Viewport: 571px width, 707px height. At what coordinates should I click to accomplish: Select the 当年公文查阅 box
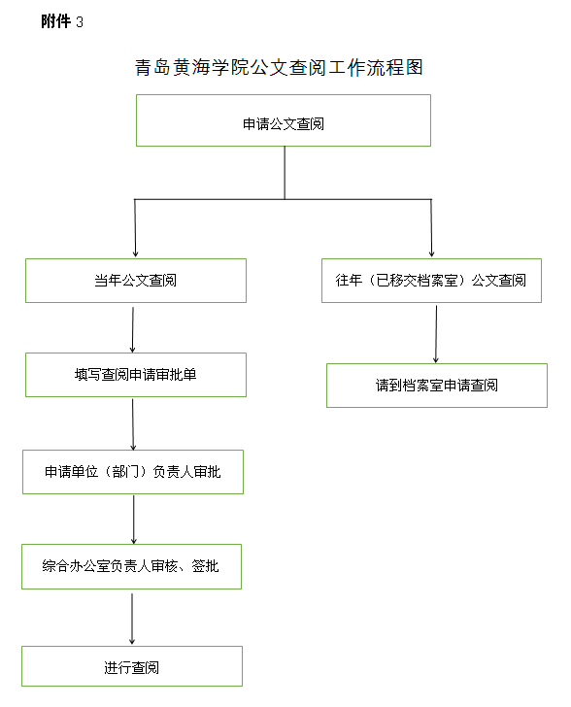pos(136,281)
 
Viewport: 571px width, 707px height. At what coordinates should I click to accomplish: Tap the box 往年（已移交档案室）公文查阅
pos(431,281)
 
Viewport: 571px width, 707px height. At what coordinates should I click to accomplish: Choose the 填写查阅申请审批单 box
pos(136,375)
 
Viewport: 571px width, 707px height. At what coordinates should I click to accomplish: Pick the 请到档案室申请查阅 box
pos(437,386)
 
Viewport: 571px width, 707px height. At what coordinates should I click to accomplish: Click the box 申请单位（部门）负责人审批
pos(133,472)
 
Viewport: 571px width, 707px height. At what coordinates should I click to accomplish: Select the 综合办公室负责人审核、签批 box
pos(132,566)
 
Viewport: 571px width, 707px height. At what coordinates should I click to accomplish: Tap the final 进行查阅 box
pos(132,666)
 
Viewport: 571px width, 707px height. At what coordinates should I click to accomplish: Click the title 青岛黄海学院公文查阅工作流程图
pos(279,68)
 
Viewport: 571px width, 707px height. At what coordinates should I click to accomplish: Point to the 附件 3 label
pos(62,21)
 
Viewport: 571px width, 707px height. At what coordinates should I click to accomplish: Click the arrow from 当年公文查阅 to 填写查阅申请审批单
pos(133,329)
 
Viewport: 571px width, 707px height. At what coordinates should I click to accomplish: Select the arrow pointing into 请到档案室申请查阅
pos(436,334)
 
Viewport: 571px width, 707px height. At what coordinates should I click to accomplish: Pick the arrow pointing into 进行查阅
pos(132,619)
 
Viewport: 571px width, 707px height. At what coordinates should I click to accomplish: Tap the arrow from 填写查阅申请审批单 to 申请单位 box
pos(133,424)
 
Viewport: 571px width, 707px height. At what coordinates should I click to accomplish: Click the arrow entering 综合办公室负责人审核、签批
pos(133,520)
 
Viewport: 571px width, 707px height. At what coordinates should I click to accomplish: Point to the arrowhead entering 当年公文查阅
pos(135,254)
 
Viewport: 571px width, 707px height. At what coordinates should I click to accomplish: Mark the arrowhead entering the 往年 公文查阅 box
pos(431,254)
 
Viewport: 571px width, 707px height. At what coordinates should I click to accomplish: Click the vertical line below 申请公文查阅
pos(285,173)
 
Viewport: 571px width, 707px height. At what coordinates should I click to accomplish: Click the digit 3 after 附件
pos(80,22)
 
